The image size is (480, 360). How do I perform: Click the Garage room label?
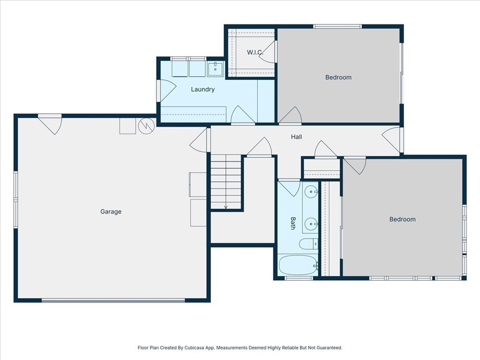pos(111,211)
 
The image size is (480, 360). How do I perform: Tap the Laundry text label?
pos(202,89)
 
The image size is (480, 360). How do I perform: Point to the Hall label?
pos(296,137)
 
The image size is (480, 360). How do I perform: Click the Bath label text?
pos(293,223)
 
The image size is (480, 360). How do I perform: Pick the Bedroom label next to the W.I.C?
pos(338,77)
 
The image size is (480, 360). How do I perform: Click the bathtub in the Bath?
pos(298,265)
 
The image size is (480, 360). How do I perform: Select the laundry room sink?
pos(216,68)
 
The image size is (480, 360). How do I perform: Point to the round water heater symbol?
pos(146,125)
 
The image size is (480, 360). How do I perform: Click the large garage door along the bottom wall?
pos(113,300)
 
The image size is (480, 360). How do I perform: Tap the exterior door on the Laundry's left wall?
pos(167,90)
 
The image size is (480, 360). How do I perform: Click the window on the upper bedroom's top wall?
pos(337,26)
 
